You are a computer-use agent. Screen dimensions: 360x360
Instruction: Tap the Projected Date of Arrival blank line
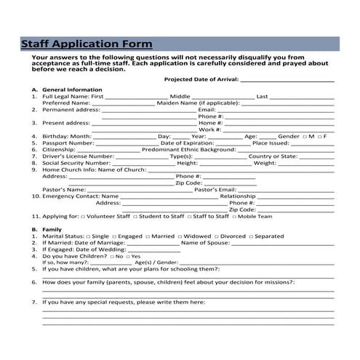pyautogui.click(x=287, y=81)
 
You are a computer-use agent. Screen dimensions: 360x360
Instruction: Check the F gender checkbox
pyautogui.click(x=319, y=137)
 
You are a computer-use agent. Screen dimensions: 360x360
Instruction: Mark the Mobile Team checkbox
pyautogui.click(x=234, y=217)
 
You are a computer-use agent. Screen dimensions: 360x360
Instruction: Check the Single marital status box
pyautogui.click(x=88, y=236)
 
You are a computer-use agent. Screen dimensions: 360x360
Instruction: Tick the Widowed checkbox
pyautogui.click(x=179, y=236)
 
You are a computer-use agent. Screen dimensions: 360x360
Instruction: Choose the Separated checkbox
pyautogui.click(x=250, y=236)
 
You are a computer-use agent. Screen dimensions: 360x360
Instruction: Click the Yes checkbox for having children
pyautogui.click(x=127, y=256)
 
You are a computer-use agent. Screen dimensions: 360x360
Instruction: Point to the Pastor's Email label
pyautogui.click(x=215, y=190)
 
